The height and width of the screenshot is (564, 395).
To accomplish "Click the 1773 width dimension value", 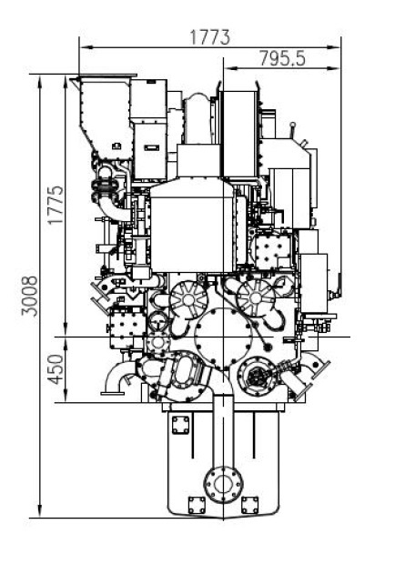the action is (209, 37).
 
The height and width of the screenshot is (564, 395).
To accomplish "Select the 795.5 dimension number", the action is (282, 58).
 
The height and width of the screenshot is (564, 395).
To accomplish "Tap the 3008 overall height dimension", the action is (29, 296).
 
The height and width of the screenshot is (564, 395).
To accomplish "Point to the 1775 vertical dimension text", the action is (56, 205).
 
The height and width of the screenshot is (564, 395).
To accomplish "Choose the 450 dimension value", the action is (56, 369).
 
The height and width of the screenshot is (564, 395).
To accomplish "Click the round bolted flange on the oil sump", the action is (223, 485).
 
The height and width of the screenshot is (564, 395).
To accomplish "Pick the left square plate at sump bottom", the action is (197, 506).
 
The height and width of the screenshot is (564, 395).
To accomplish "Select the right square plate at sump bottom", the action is (250, 506).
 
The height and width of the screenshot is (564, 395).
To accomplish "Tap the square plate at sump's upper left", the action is (180, 425).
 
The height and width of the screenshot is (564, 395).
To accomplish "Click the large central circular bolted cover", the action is (223, 338).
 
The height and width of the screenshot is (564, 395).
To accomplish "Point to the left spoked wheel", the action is (188, 299).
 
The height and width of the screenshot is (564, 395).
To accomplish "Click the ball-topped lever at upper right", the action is (293, 130).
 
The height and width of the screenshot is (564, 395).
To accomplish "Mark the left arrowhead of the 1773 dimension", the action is (84, 46).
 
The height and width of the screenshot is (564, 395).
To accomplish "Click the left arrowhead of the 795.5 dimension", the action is (230, 68).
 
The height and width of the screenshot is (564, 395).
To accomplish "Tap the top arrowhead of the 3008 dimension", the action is (39, 81).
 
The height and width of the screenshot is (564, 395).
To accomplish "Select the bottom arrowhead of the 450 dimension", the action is (66, 397).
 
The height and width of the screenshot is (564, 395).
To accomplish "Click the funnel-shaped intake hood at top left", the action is (104, 116).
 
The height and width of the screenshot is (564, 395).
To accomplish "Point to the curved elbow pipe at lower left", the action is (115, 380).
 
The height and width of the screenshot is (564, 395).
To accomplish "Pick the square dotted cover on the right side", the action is (272, 251).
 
